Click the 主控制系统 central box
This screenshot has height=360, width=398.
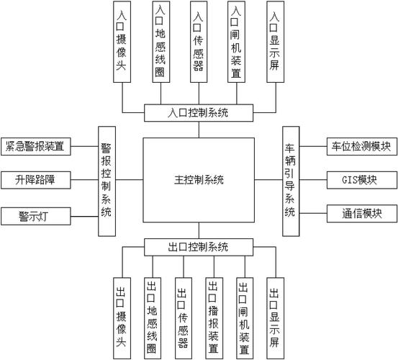(x=199, y=179)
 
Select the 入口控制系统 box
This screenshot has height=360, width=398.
(x=199, y=113)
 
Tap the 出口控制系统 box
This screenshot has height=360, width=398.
(x=199, y=247)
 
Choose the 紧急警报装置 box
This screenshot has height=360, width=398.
(x=34, y=147)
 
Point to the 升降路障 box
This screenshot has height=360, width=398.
(x=34, y=179)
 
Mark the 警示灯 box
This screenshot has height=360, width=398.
(x=34, y=215)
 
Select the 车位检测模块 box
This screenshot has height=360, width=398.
(x=362, y=147)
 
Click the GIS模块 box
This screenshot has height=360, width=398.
(x=362, y=179)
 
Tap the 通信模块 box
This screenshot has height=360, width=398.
(x=362, y=214)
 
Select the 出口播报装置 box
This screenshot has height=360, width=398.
(x=213, y=318)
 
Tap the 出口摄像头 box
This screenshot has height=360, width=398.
(x=122, y=318)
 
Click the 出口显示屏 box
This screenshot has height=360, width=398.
(x=274, y=318)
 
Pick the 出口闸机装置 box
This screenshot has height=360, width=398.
(x=244, y=318)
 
